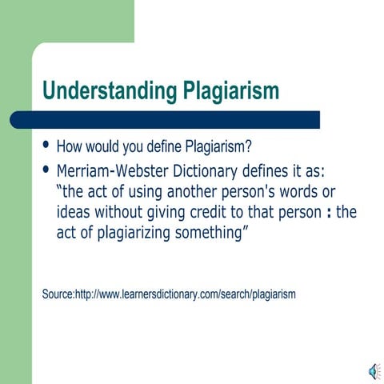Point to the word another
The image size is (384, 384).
[x=193, y=193]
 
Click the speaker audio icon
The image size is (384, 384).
[x=373, y=370]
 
